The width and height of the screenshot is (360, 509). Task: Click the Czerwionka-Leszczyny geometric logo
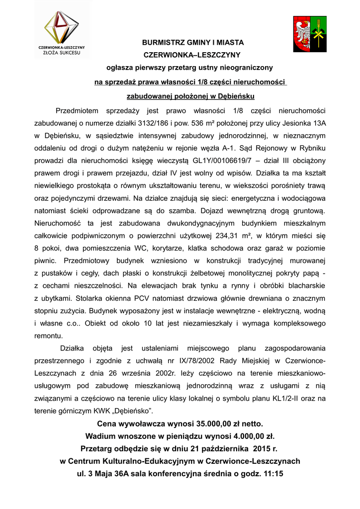click(62, 28)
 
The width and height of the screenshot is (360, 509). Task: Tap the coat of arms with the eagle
click(309, 34)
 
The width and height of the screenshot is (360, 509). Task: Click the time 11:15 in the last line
click(272, 474)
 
